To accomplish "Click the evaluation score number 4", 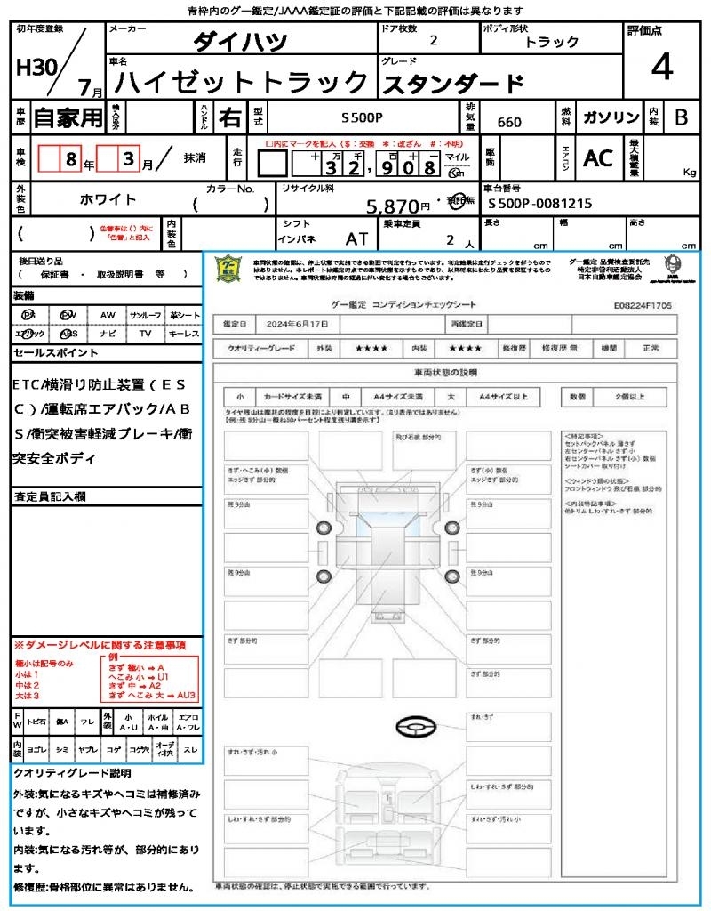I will [x=661, y=68].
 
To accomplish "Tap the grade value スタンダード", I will [x=452, y=84].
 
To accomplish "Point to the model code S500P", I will [x=362, y=117].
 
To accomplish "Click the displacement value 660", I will [x=509, y=122].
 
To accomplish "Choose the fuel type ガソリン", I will [x=610, y=117].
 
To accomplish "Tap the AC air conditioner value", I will [x=598, y=158].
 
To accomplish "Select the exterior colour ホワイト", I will [x=110, y=199].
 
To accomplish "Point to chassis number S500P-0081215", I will [x=539, y=204].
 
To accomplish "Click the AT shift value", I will [x=357, y=239].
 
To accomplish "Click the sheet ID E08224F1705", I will [x=643, y=305].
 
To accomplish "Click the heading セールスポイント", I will [x=56, y=353].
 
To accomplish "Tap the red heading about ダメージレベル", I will [x=100, y=644].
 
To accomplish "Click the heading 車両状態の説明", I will [x=444, y=371].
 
